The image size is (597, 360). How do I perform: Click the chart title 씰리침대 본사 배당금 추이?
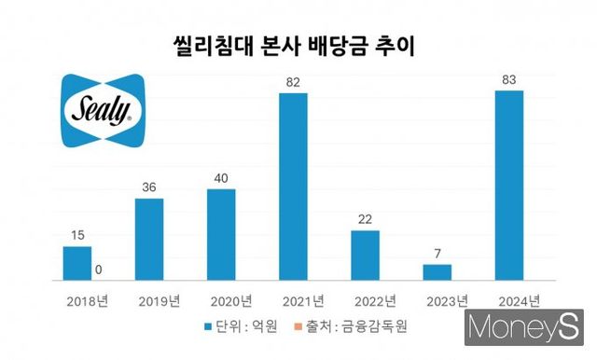pyautogui.click(x=298, y=43)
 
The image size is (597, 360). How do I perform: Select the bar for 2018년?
pyautogui.click(x=77, y=262)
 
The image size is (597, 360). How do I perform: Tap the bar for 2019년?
pyautogui.click(x=149, y=239)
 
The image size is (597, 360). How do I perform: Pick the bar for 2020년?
pyautogui.click(x=221, y=234)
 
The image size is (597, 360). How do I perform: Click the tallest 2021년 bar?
pyautogui.click(x=293, y=187)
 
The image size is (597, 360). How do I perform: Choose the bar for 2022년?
pyautogui.click(x=365, y=255)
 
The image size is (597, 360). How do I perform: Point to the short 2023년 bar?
pyautogui.click(x=437, y=271)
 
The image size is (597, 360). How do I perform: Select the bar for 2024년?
pyautogui.click(x=508, y=186)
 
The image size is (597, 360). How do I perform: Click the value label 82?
pyautogui.click(x=293, y=82)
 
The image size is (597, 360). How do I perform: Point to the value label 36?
pyautogui.click(x=149, y=187)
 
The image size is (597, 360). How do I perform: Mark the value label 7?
pyautogui.click(x=437, y=253)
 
